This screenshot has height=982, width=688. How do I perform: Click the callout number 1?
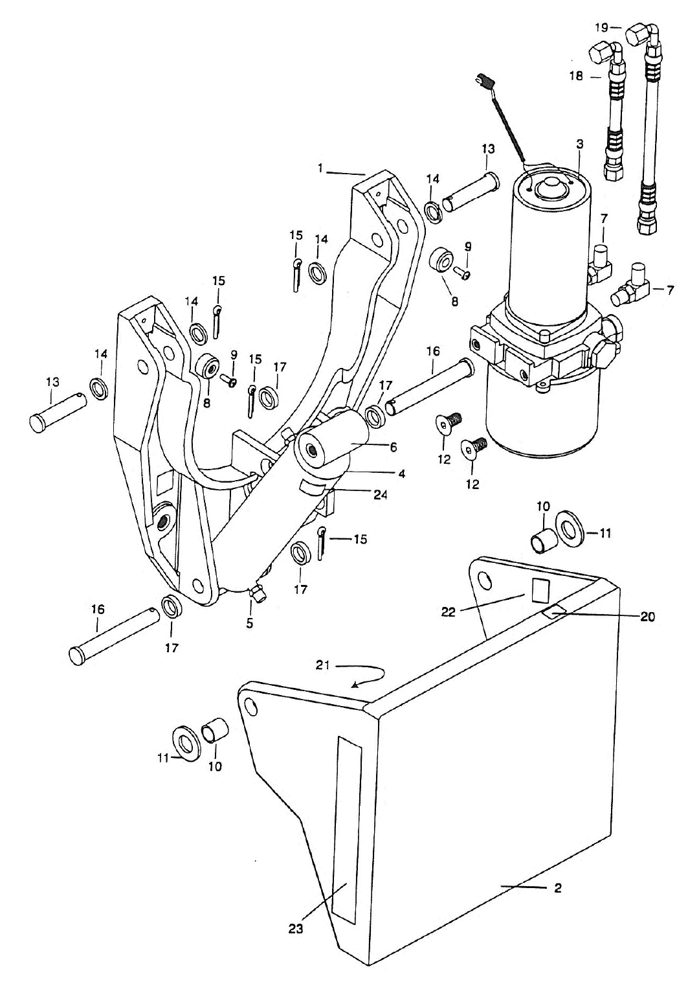pos(320,168)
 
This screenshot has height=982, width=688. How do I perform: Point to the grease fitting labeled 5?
pos(258,594)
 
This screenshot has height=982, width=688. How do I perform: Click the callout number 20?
pos(647,617)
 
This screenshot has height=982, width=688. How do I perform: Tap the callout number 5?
pos(250,624)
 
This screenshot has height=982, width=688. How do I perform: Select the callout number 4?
pos(402,474)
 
